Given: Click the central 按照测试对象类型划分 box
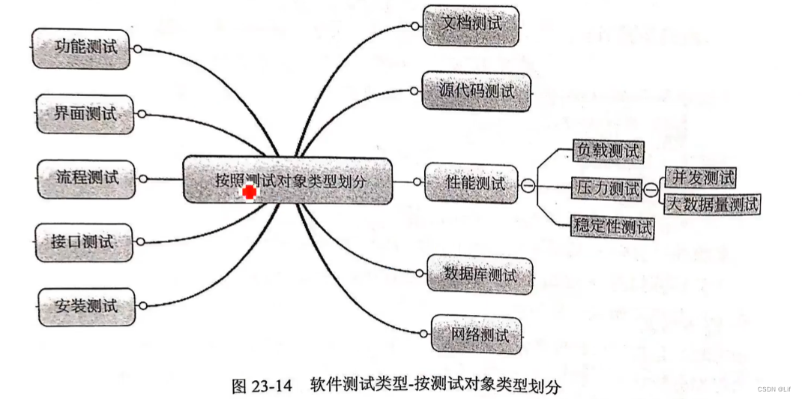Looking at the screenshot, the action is [288, 180].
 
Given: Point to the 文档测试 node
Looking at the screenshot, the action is [471, 24].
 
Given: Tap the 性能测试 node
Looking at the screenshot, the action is [471, 182].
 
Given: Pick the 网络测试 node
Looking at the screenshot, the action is [477, 334].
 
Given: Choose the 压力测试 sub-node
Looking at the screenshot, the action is [606, 187].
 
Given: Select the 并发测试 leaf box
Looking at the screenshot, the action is [701, 178].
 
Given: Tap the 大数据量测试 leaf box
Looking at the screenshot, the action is [712, 203].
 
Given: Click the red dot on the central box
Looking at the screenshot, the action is [249, 193].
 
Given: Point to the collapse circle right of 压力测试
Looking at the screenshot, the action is [651, 189].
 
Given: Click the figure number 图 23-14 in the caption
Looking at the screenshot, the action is [262, 386].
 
